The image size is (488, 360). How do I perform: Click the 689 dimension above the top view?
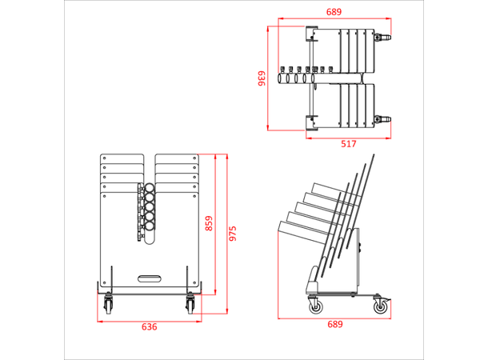[x=334, y=12]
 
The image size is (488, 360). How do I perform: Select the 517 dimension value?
[x=349, y=144]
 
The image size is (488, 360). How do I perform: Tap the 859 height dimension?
[x=209, y=223]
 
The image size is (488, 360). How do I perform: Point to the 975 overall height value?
[x=233, y=234]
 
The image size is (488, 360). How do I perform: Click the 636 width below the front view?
[x=150, y=327]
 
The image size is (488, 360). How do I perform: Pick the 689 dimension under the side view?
[x=335, y=325]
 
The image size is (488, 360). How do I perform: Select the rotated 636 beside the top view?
[x=262, y=78]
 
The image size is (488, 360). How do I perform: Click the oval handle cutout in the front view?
[x=150, y=278]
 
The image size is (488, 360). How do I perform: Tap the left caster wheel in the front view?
[x=108, y=304]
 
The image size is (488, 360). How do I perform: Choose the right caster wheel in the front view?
[x=190, y=304]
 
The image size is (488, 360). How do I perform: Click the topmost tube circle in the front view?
[x=150, y=188]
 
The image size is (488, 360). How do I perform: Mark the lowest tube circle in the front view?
[x=150, y=226]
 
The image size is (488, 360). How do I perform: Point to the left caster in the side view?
[x=315, y=305]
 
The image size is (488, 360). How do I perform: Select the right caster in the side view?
[x=381, y=304]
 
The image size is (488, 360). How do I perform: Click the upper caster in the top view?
[x=382, y=38]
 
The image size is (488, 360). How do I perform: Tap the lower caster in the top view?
[x=382, y=119]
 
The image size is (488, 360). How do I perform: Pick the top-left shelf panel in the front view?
[x=122, y=159]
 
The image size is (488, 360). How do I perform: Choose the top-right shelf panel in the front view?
[x=177, y=159]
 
